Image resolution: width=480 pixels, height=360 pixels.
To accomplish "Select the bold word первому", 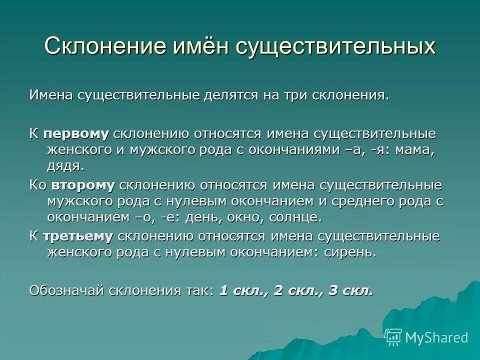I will click(75, 133).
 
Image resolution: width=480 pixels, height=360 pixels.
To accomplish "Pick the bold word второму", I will click(82, 185).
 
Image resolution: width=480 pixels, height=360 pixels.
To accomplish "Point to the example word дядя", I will click(64, 165).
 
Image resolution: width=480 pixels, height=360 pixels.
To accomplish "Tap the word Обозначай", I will click(62, 290).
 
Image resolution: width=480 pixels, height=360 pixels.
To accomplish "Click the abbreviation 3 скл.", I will click(350, 290).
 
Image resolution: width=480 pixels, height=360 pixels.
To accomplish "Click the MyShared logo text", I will click(436, 337).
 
